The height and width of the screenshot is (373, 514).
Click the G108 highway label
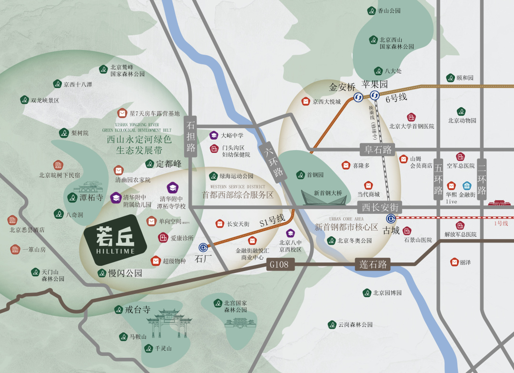tap(279, 264)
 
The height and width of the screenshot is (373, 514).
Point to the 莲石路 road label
tap(373, 264)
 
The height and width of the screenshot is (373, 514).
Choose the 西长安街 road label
tap(380, 207)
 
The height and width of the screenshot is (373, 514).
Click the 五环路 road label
tap(438, 179)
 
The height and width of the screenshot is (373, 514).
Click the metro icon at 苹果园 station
tap(375, 96)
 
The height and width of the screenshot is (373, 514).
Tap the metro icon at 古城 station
tap(391, 219)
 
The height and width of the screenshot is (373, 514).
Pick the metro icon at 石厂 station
tap(203, 248)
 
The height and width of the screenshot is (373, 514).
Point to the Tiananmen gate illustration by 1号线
tap(499, 203)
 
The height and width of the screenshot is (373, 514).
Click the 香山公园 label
tap(389, 10)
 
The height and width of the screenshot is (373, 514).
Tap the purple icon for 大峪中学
tap(214, 135)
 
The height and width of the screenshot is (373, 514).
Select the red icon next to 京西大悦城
tap(306, 101)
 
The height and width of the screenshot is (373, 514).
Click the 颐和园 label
tap(465, 78)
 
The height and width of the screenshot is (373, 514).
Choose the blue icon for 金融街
tap(467, 186)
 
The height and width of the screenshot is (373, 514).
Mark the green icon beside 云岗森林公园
tap(332, 324)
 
